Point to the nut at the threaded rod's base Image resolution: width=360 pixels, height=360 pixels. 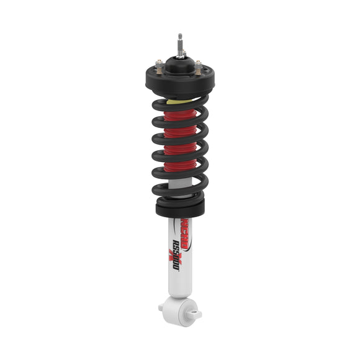[180, 52]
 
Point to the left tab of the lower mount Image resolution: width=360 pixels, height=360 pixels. [162, 306]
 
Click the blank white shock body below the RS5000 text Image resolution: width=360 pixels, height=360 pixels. [181, 282]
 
